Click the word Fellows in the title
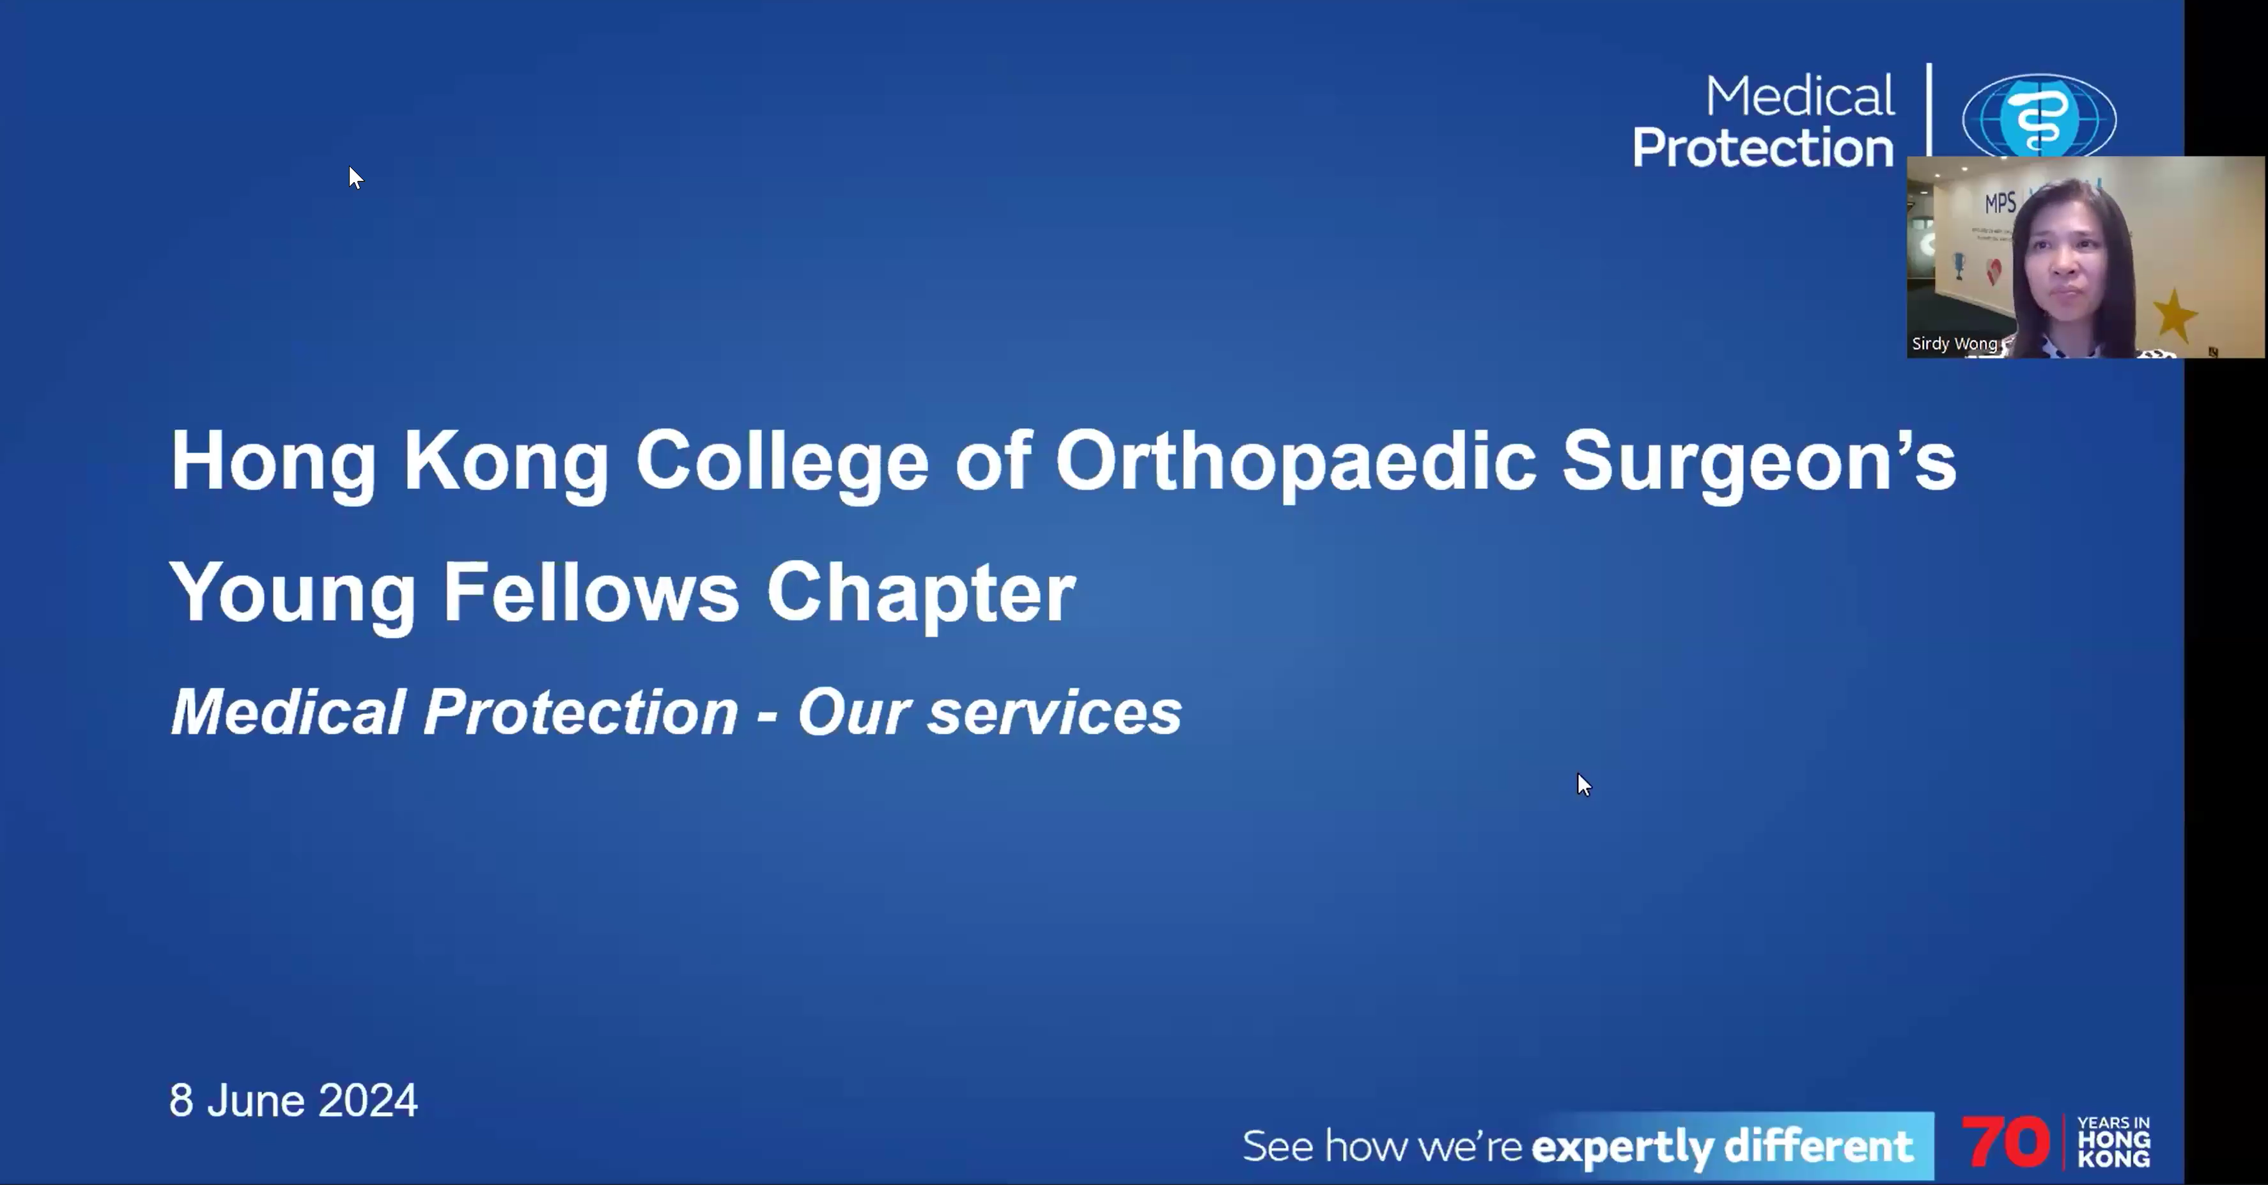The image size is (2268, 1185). click(591, 592)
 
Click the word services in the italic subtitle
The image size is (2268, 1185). click(1055, 712)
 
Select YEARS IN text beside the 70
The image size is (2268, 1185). click(2113, 1124)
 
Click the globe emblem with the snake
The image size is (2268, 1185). click(2039, 115)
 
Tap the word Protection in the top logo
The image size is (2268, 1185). click(1762, 147)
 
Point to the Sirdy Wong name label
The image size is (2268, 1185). click(1953, 343)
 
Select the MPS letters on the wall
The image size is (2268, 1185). click(2000, 203)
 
